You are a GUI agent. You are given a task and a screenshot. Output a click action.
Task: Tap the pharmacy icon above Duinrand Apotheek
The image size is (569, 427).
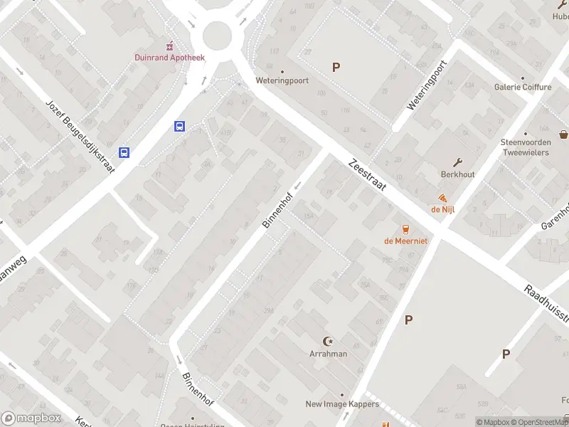(169, 45)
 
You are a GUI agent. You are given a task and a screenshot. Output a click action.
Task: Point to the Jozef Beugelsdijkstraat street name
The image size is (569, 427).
(75, 129)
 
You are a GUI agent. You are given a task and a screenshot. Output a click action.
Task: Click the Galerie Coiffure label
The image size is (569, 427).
(523, 87)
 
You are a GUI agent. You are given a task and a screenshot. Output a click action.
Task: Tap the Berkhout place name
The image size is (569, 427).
(457, 174)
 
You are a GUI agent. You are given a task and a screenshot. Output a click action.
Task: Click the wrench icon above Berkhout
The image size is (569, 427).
(458, 162)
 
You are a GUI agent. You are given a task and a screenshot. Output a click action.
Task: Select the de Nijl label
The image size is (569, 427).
(442, 209)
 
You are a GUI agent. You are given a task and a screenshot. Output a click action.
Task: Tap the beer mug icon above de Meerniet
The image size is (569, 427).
(405, 228)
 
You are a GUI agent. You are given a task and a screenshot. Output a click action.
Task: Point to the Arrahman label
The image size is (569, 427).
(328, 354)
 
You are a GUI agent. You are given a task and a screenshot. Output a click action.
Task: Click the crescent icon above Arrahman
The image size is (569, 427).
(328, 341)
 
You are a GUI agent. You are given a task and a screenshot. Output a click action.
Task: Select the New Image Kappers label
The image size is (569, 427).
(342, 404)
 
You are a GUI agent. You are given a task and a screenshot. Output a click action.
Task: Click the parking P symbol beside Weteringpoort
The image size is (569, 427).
(336, 68)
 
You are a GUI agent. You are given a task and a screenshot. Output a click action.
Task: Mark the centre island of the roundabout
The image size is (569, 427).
(217, 33)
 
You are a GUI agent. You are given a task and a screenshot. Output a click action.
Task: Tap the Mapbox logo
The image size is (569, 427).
(31, 418)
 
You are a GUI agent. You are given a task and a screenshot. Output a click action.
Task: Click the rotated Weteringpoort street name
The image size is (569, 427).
(426, 85)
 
